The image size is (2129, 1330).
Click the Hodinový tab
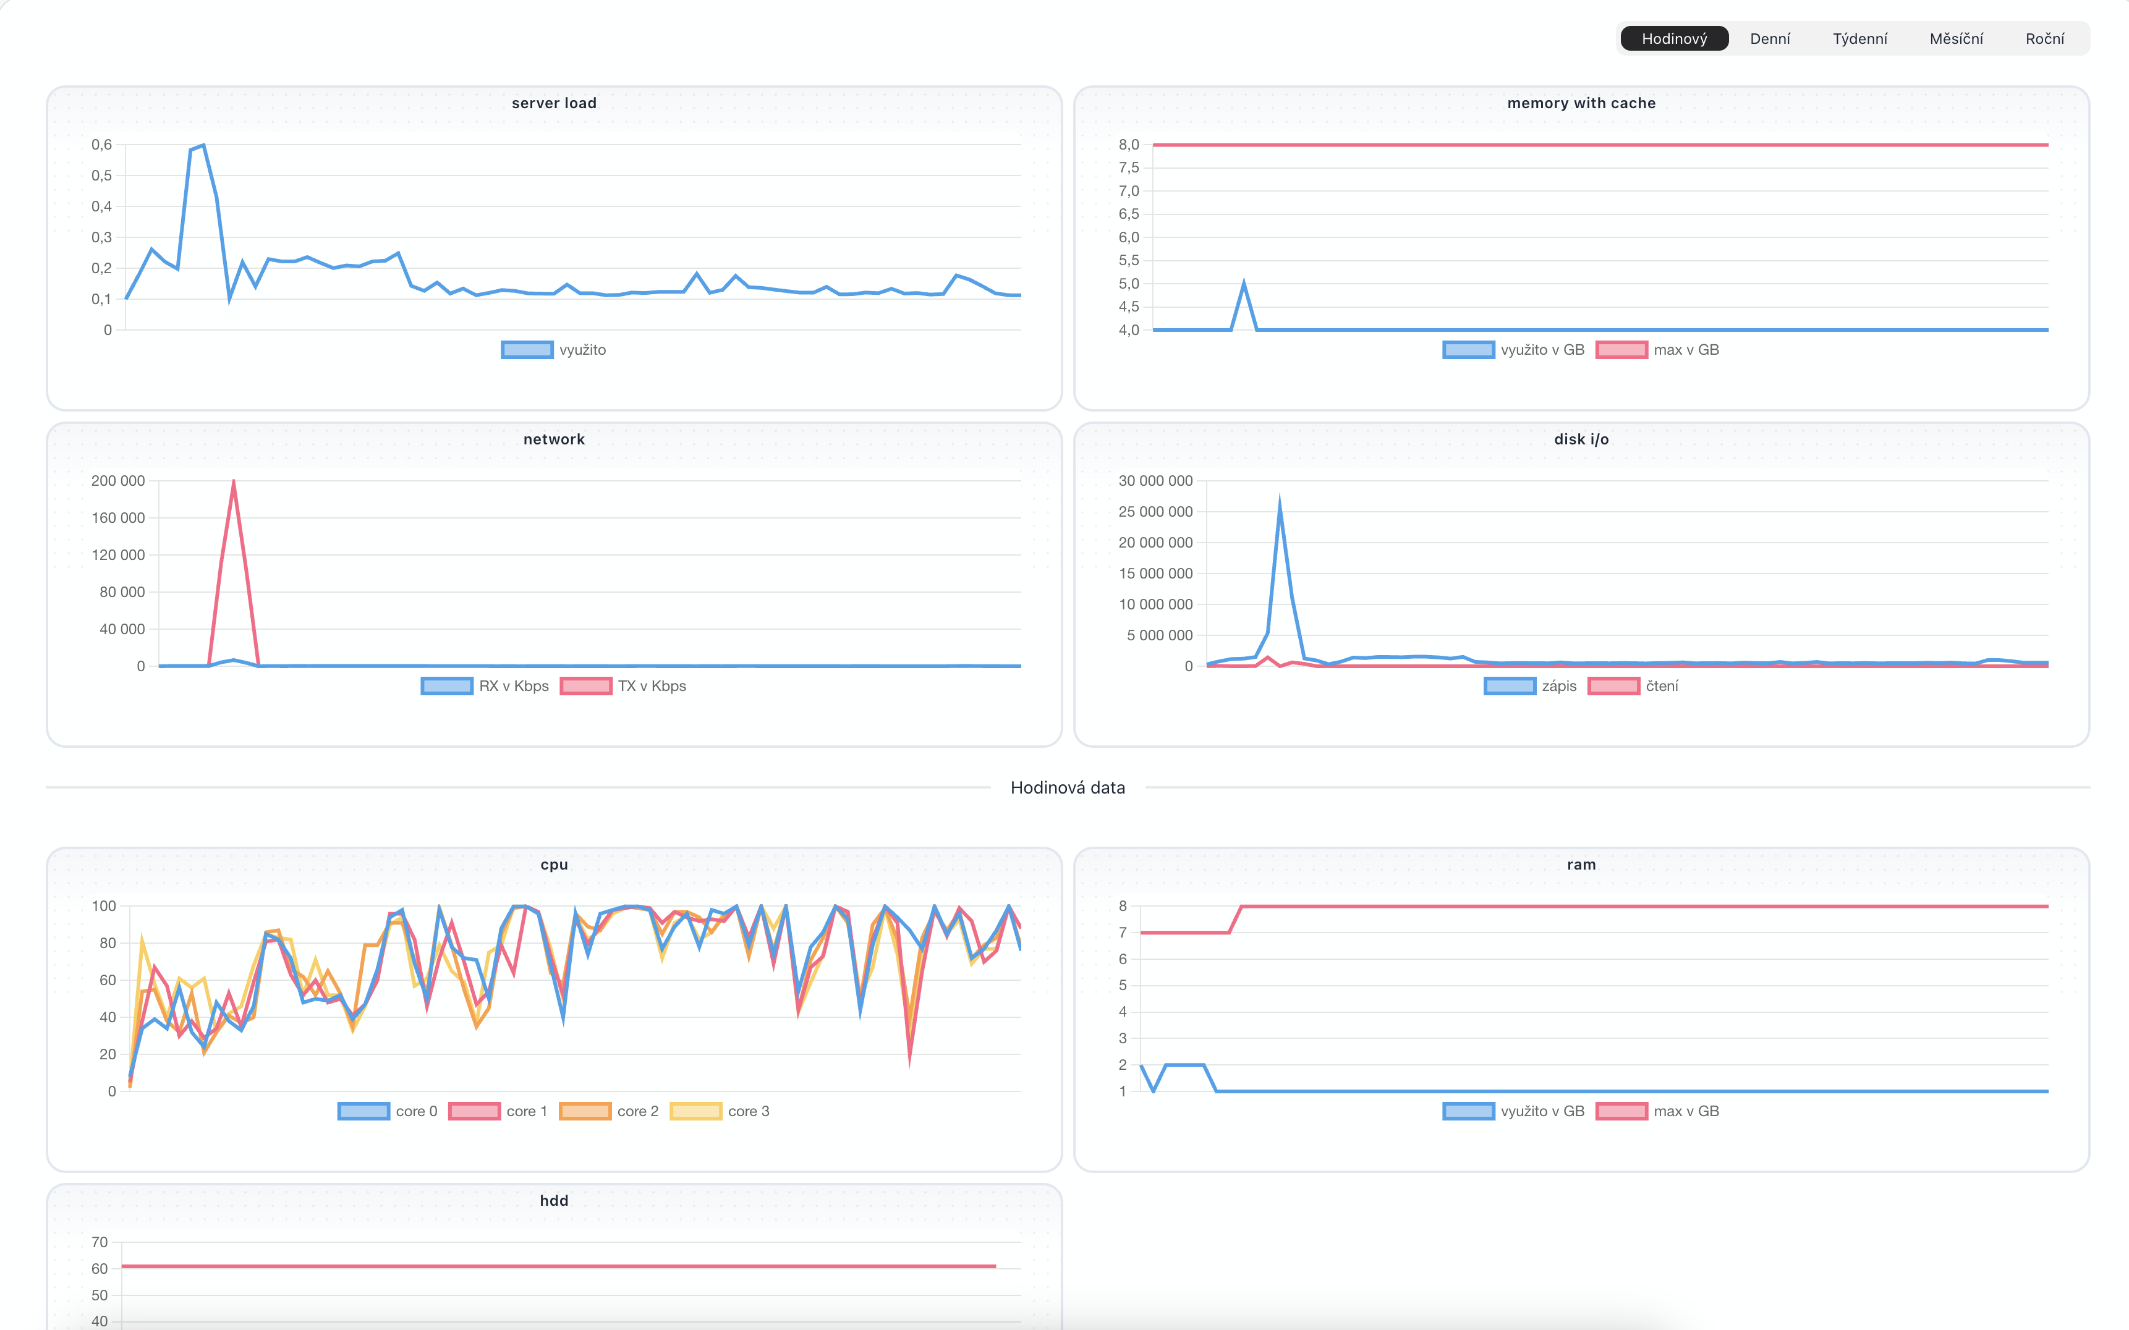click(x=1673, y=39)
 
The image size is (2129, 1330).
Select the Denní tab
click(x=1769, y=39)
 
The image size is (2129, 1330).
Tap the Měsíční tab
click(x=1956, y=39)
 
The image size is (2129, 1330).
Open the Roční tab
click(x=2044, y=39)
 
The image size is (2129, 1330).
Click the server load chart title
click(x=555, y=103)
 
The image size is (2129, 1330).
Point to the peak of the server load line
click(x=203, y=145)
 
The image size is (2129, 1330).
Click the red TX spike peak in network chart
click(x=233, y=481)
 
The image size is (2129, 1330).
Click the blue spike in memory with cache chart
click(x=1243, y=283)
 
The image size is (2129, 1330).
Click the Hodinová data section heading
click(x=1067, y=787)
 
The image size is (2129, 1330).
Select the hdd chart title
click(x=555, y=1201)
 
